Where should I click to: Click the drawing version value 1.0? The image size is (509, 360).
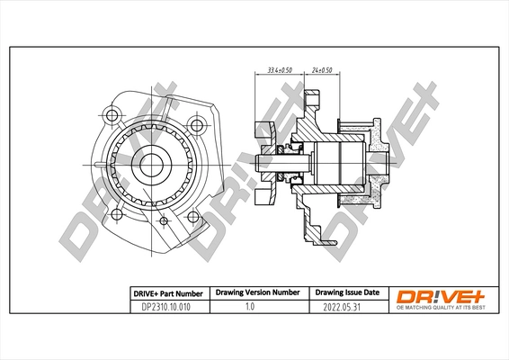click(x=254, y=307)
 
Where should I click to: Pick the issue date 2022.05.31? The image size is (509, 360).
click(x=346, y=307)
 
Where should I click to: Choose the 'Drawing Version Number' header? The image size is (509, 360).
click(x=254, y=292)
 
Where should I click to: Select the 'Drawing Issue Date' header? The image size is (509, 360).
click(x=346, y=292)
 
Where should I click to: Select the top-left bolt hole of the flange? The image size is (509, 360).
click(x=112, y=114)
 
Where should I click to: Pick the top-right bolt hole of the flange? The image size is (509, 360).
click(x=196, y=124)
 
